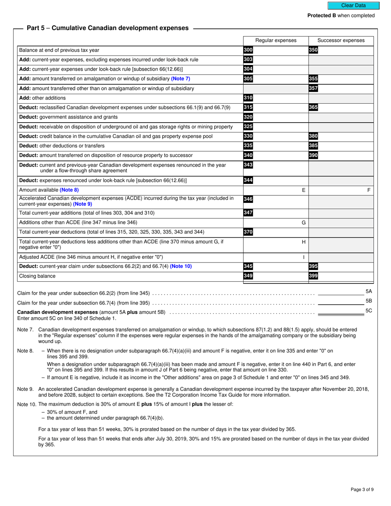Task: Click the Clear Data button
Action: coord(353,5)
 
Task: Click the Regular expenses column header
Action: coord(276,40)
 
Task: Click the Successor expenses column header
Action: coord(341,40)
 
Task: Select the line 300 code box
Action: coord(248,50)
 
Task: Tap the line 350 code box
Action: coord(313,50)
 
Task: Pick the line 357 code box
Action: coord(313,88)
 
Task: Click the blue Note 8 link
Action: coord(69,190)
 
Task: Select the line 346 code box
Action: coord(248,199)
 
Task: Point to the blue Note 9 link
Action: coord(82,204)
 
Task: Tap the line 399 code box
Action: coord(313,276)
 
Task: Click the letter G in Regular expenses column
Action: coord(304,223)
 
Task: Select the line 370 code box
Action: coord(248,232)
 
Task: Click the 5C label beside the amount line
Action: coord(369,311)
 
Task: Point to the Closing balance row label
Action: coord(37,276)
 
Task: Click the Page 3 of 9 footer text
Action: coord(362,490)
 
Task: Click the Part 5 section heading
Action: coord(107,28)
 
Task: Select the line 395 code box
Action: coord(313,266)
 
